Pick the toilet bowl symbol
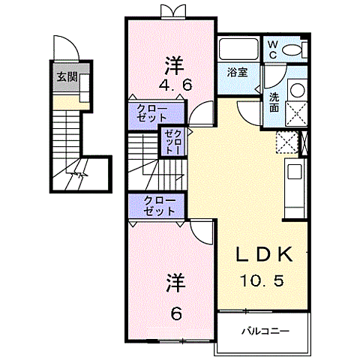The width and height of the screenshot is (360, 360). (x=295, y=49)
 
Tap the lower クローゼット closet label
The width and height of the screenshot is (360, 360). (x=157, y=206)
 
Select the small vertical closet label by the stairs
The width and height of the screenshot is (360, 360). (x=172, y=141)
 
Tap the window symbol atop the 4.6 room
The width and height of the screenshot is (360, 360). (x=172, y=12)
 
